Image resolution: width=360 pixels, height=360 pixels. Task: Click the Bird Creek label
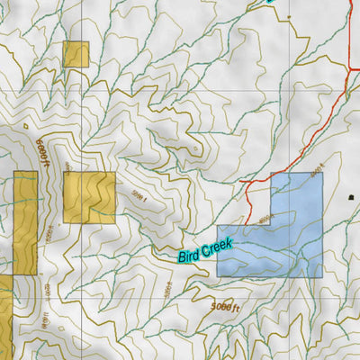(205, 249)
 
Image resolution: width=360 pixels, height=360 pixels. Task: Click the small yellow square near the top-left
(76, 54)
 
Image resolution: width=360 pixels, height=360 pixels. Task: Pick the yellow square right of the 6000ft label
(89, 198)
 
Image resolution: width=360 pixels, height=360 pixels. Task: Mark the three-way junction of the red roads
(348, 68)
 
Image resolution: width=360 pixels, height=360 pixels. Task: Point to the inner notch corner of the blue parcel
(271, 225)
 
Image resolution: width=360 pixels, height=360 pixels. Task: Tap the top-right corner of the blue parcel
(322, 174)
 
